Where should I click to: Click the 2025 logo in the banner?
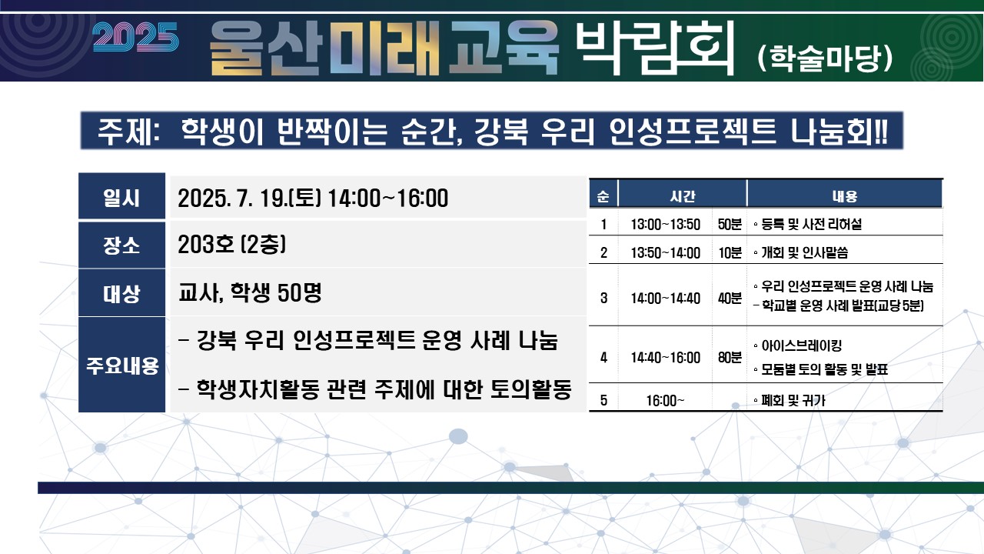[135, 37]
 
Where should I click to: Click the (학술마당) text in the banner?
[825, 58]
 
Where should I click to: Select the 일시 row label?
[121, 198]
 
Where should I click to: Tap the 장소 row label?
[121, 245]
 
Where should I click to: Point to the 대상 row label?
[121, 294]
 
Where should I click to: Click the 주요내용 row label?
[122, 365]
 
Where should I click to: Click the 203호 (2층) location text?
[232, 244]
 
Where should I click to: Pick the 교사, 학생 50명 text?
[250, 292]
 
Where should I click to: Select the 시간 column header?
[682, 196]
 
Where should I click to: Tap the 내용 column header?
[845, 196]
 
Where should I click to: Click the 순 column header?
[603, 196]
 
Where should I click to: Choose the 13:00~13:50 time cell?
[666, 225]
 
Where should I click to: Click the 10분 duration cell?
[730, 253]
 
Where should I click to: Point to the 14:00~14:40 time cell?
[666, 299]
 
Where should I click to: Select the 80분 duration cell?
[730, 358]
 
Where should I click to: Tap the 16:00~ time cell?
[665, 401]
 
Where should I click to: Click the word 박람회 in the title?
[655, 48]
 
